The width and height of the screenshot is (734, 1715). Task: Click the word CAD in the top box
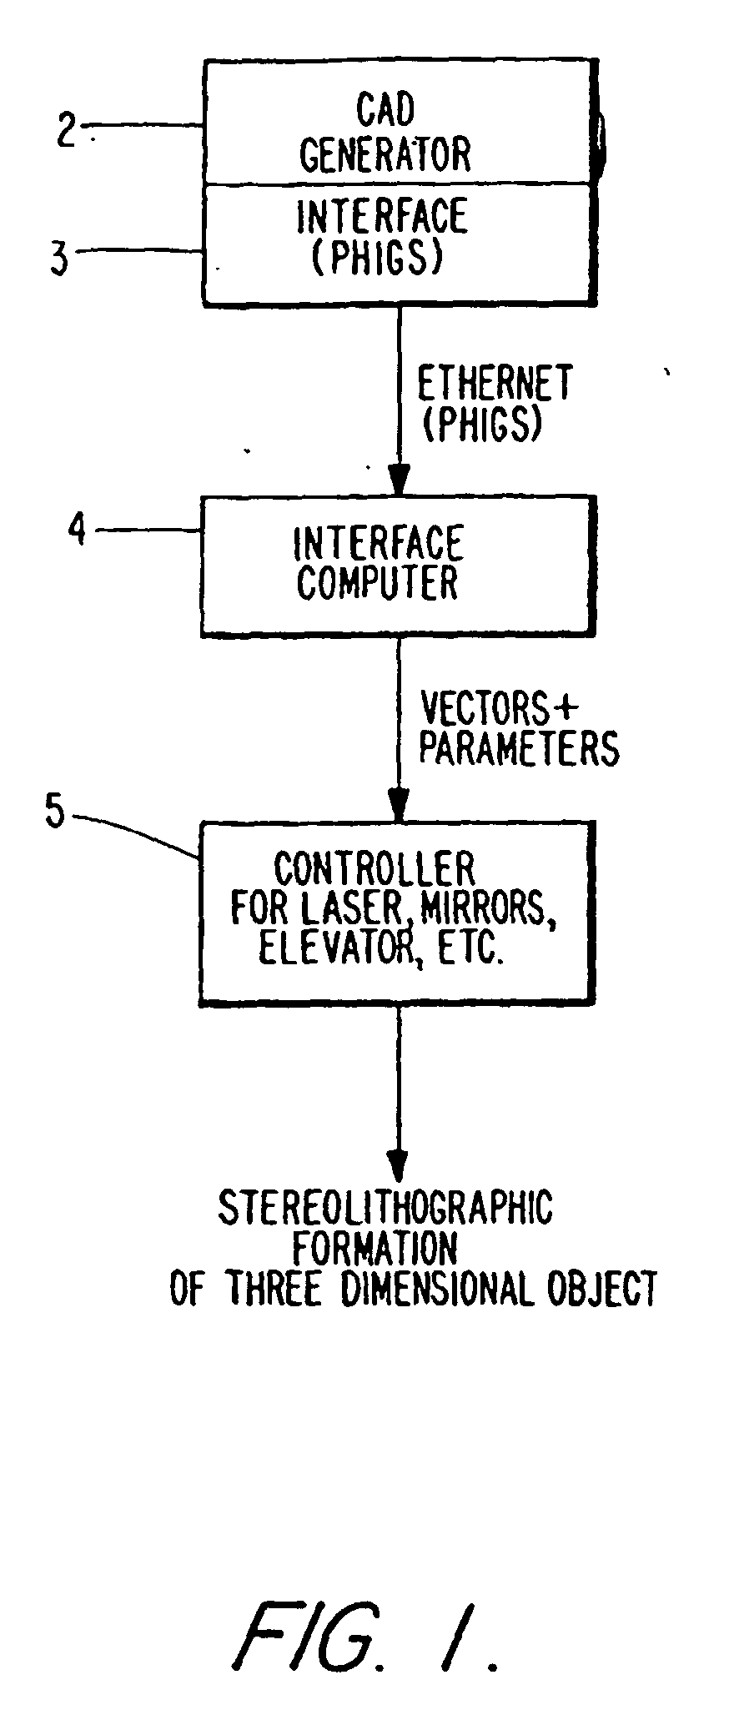tap(385, 110)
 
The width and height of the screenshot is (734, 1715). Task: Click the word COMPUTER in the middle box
tap(378, 582)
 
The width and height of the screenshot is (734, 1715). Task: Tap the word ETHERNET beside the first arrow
tap(495, 382)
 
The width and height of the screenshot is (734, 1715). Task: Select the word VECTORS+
tap(499, 708)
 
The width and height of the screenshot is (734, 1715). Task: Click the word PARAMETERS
tap(519, 747)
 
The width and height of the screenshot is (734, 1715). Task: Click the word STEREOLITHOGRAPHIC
tap(385, 1207)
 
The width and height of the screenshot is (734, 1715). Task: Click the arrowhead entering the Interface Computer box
tap(399, 483)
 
